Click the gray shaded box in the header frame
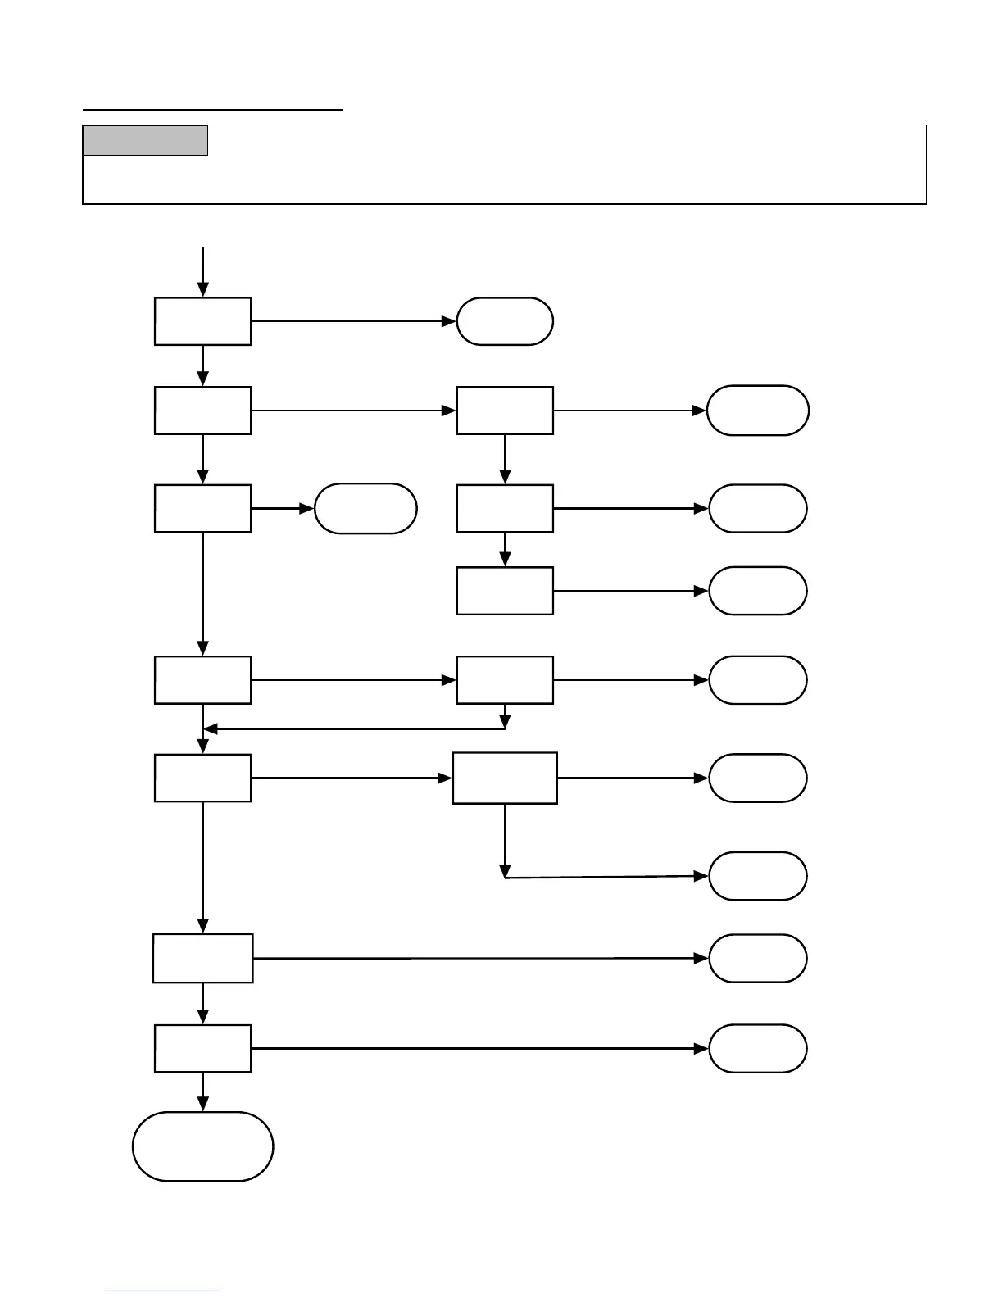145,140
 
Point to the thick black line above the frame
212,109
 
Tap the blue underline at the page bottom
162,1291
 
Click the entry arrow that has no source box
202,270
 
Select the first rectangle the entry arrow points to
202,321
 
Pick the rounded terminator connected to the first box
505,321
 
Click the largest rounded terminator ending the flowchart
202,1146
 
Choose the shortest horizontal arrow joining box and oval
283,509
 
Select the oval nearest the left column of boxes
365,509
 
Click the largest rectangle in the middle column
505,778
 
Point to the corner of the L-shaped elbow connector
505,878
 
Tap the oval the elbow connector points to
758,876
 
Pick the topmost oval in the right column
758,411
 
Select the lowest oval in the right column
758,1048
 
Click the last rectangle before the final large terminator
202,1048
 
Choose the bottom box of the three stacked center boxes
505,590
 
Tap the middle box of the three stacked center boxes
505,509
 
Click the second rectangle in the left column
202,411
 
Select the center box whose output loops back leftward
505,679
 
